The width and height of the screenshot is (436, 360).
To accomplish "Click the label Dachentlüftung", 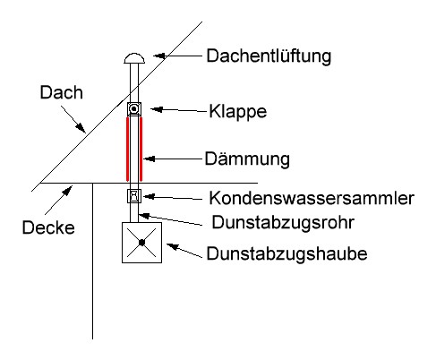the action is [x=269, y=56].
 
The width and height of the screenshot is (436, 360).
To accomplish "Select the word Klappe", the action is [x=237, y=112].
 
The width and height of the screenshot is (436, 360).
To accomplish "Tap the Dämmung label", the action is [x=247, y=159].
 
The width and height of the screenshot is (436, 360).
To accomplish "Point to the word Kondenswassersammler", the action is [x=312, y=198].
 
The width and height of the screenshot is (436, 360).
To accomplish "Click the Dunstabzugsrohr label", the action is [x=283, y=222].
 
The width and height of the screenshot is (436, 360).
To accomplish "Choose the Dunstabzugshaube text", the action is [x=286, y=253].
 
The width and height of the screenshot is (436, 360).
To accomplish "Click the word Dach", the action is [x=62, y=92].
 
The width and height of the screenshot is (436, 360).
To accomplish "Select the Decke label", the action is [x=48, y=227].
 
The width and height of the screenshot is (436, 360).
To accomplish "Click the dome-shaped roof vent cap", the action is [x=134, y=58].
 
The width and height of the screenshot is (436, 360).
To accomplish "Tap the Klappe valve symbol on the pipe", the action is [x=134, y=109].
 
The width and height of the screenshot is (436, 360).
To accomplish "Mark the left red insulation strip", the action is [x=127, y=149].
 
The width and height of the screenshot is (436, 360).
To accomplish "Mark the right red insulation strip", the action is [x=141, y=149].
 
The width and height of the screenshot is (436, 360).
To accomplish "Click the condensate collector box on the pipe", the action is [x=134, y=196].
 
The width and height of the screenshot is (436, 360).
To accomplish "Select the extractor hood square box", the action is [x=122, y=243].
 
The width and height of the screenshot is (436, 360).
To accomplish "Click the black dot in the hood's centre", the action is [x=141, y=243].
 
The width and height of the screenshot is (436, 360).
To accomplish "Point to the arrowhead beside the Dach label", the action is [x=81, y=128].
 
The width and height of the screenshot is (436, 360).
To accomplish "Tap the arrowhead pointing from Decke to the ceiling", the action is [x=68, y=190].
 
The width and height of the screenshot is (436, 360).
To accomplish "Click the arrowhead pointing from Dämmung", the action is [x=149, y=159].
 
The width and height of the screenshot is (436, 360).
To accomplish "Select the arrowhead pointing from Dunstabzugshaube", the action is [x=172, y=246].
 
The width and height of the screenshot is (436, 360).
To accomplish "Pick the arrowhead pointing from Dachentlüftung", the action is [x=159, y=56].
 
